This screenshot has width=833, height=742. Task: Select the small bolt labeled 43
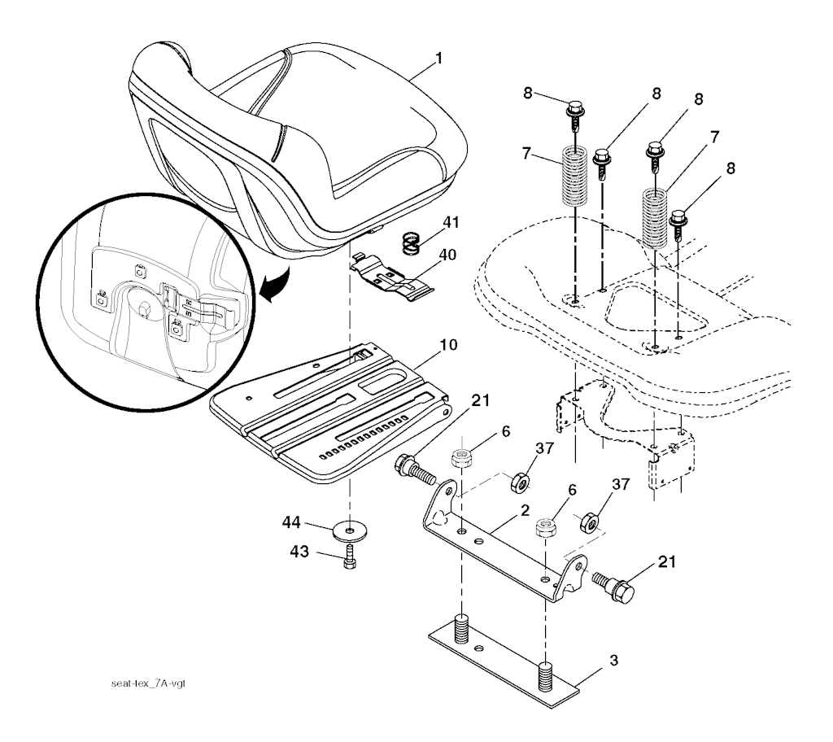[x=350, y=558]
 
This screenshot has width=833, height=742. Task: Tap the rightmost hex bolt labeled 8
[x=679, y=220]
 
